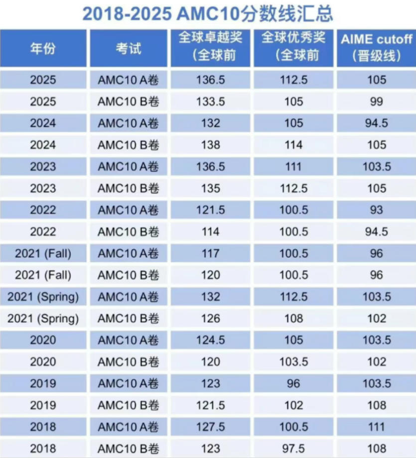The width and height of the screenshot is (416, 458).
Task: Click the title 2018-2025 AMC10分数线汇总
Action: [x=208, y=13]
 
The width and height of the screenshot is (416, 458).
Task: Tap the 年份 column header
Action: [x=43, y=48]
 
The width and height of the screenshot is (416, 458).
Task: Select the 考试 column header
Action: [x=129, y=48]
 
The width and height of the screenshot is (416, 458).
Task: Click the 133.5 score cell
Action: [x=210, y=102]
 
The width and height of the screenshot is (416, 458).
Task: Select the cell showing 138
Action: [x=210, y=145]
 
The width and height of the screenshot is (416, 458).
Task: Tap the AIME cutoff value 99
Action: [x=377, y=102]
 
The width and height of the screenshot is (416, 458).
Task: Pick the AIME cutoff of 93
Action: [x=377, y=210]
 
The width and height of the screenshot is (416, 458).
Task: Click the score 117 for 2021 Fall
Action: [x=210, y=253]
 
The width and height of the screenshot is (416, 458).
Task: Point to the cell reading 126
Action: [x=210, y=319]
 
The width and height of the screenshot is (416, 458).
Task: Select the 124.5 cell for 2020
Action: [x=210, y=340]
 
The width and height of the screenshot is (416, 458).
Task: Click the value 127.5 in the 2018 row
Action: [x=210, y=427]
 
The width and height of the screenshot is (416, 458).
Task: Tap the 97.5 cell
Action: [x=293, y=449]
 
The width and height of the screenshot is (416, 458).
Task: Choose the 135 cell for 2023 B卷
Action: [x=210, y=188]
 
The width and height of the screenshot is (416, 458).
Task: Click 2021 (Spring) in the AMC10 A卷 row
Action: [x=43, y=297]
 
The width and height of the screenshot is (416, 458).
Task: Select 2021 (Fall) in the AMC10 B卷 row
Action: [x=43, y=275]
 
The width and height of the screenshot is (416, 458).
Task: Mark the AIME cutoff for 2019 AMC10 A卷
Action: [x=377, y=383]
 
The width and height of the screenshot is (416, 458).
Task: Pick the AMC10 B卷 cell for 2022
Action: [x=129, y=231]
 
